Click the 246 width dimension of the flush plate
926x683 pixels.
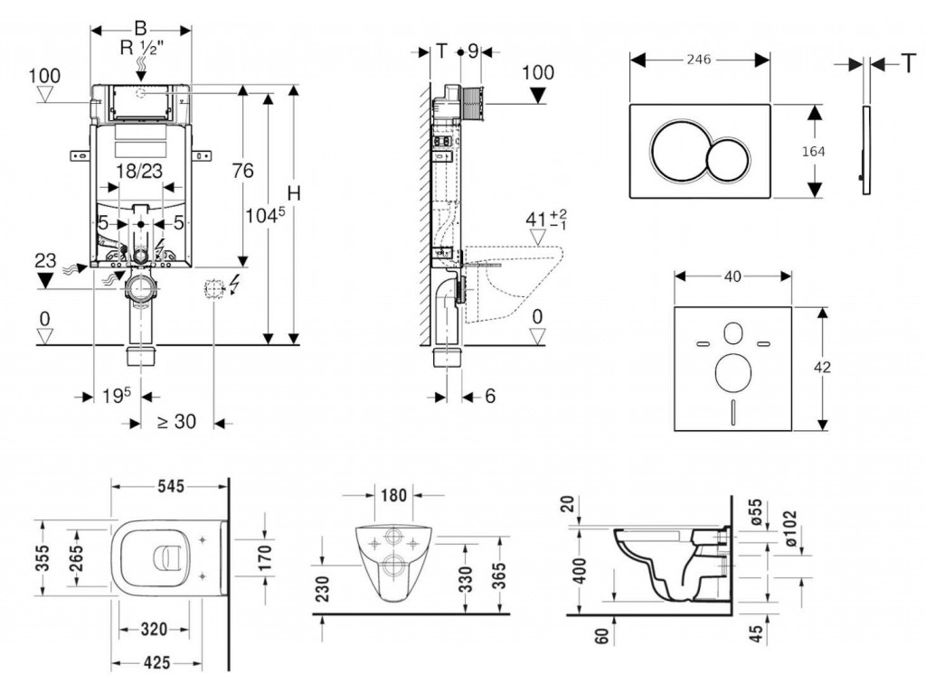[x=699, y=59]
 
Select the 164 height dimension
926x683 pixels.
[x=813, y=151]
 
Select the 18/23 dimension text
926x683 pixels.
[x=138, y=170]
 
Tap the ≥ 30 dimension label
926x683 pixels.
[x=176, y=421]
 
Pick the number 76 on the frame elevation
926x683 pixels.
[x=242, y=170]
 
